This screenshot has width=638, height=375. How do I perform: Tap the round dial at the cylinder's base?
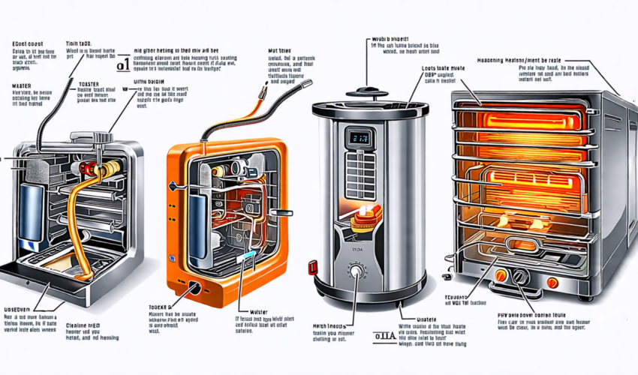tap(355, 271)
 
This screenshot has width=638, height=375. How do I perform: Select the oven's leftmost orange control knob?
tap(500, 275)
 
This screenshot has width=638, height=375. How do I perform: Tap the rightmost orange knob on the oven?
tap(552, 283)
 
